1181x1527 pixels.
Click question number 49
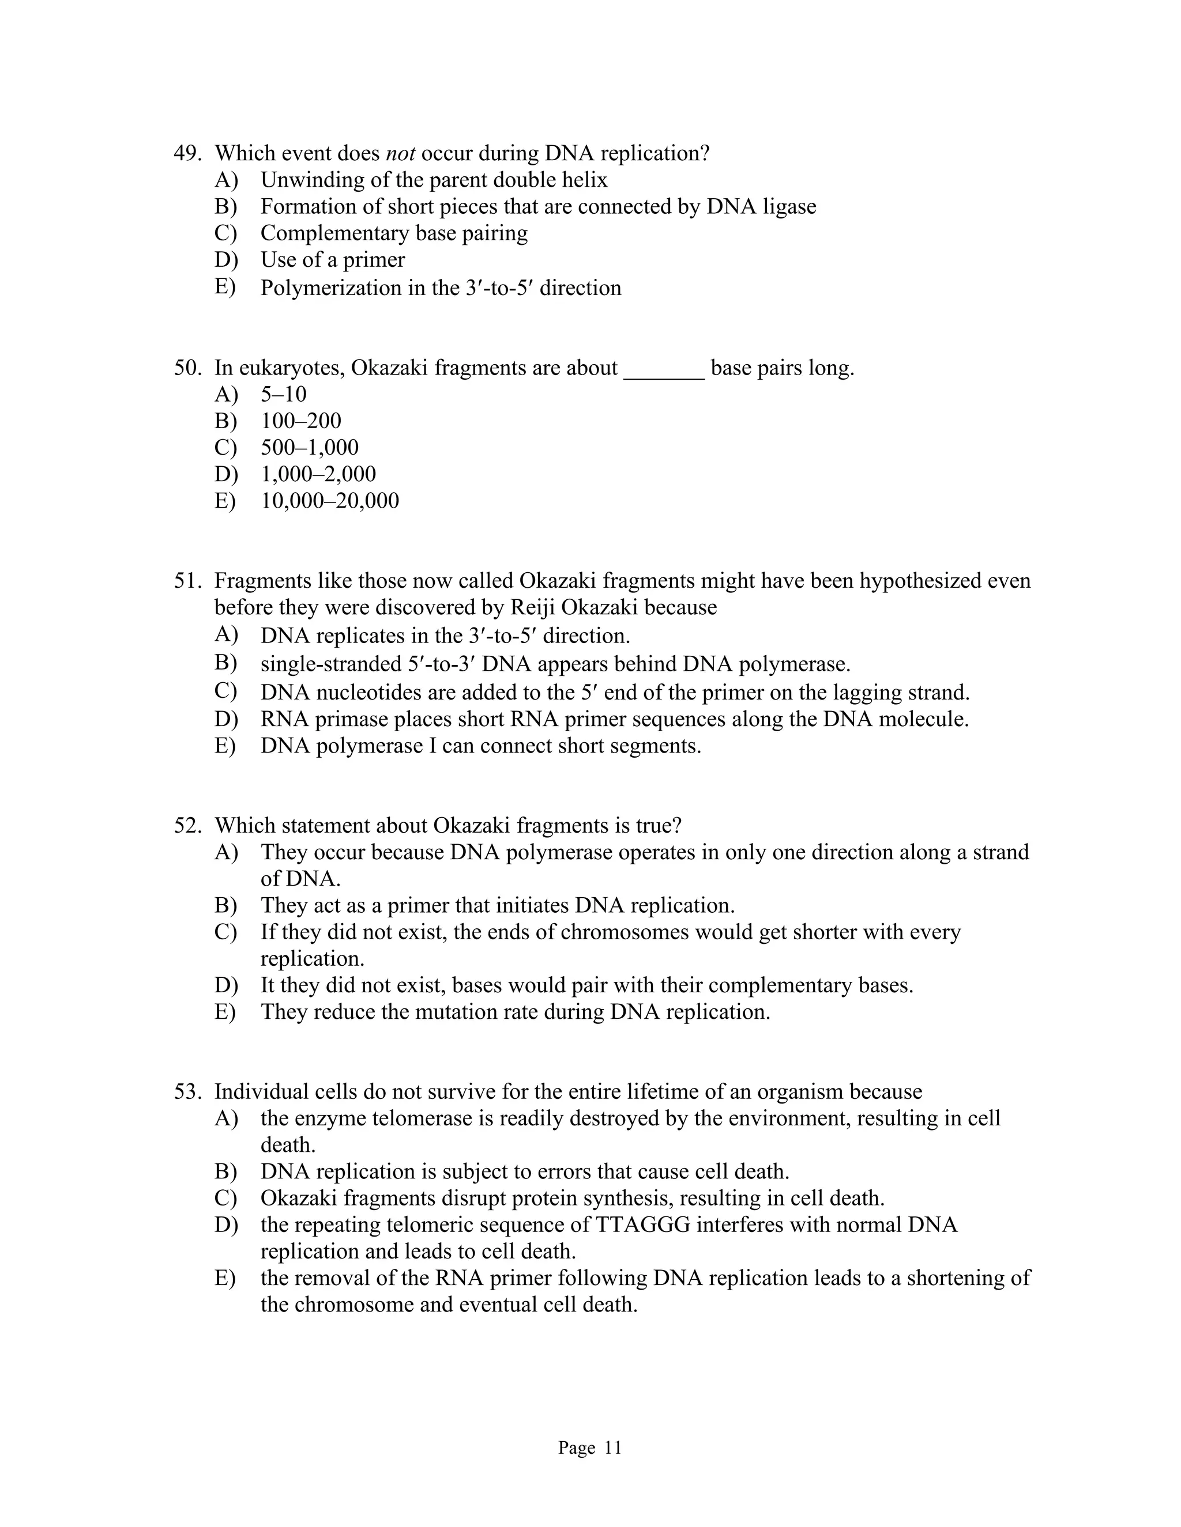point(187,153)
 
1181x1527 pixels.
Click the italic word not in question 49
point(400,153)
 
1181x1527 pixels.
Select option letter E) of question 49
point(225,286)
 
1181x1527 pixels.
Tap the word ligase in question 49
point(789,206)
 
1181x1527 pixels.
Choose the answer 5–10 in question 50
point(283,394)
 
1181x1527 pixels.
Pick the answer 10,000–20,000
point(329,501)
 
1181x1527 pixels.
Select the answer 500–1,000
point(309,448)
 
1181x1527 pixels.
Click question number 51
point(187,581)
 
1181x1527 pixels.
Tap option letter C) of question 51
point(225,691)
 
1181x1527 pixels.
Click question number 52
point(187,826)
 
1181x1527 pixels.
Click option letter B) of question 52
point(225,905)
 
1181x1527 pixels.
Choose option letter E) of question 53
point(225,1277)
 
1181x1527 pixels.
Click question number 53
point(187,1091)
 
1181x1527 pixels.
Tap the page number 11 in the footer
point(613,1448)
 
